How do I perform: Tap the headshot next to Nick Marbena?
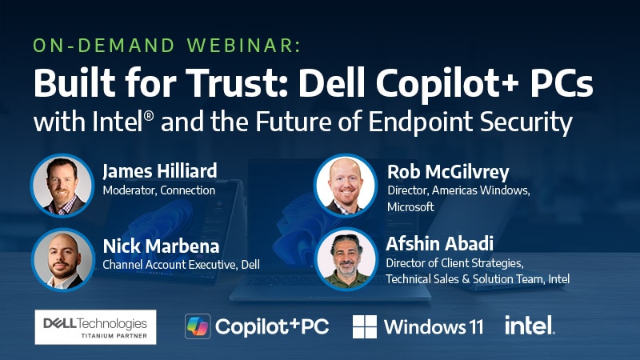(62, 258)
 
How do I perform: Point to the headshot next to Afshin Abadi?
(346, 258)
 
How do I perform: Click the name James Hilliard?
(160, 171)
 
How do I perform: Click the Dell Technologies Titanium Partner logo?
(96, 326)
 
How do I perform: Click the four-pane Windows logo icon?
(365, 326)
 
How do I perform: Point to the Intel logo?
(530, 325)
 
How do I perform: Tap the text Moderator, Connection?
(158, 191)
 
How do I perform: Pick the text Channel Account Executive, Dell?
(181, 264)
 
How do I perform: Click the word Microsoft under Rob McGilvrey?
(410, 206)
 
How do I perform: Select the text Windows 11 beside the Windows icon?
(434, 326)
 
